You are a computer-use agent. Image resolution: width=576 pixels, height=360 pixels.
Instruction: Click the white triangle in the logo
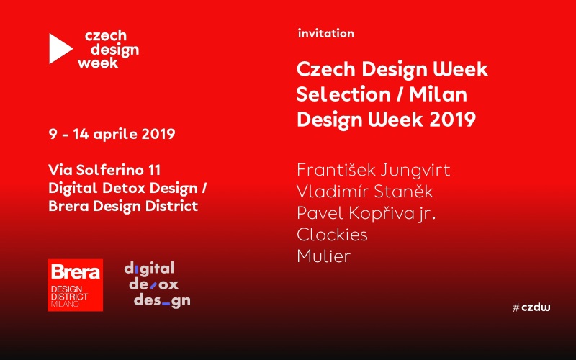click(x=59, y=48)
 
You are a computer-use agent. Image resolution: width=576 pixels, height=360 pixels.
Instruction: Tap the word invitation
click(x=326, y=33)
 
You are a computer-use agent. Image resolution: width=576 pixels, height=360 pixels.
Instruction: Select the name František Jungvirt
click(x=373, y=170)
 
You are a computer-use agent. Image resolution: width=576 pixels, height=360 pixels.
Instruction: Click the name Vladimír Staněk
click(x=365, y=192)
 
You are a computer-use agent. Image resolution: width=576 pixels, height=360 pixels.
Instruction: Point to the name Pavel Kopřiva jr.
click(x=366, y=213)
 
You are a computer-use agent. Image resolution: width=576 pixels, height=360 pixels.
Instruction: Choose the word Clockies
click(x=332, y=235)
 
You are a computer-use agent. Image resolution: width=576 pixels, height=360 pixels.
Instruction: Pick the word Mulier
click(x=323, y=256)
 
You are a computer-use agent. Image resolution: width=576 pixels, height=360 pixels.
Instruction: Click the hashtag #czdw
click(x=531, y=307)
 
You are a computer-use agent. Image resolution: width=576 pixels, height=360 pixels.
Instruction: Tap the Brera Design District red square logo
click(x=76, y=285)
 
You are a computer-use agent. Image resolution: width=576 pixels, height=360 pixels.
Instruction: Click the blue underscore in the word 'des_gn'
click(x=166, y=303)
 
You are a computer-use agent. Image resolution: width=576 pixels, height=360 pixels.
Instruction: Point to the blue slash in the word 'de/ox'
click(x=153, y=285)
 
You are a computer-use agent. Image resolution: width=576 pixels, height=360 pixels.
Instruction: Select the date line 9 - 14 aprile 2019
click(x=112, y=134)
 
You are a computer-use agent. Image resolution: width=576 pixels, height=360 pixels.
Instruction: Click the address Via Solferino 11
click(x=104, y=170)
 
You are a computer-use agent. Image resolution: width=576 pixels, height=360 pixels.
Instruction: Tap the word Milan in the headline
click(x=438, y=94)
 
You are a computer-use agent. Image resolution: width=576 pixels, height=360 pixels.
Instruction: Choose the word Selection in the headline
click(x=343, y=94)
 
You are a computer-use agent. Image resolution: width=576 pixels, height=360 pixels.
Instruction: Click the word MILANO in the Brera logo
click(x=65, y=304)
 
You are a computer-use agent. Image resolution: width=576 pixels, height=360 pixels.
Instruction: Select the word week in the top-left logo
click(x=98, y=63)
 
